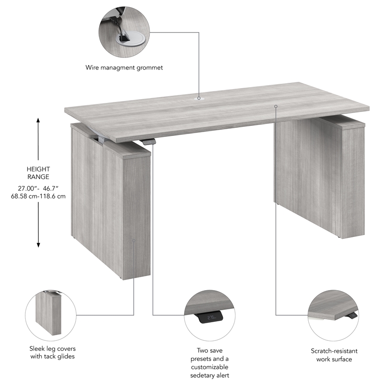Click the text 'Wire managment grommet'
point(124,68)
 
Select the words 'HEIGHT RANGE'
point(38,173)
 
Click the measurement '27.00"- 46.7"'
point(38,188)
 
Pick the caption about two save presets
point(210,363)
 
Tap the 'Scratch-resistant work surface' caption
point(332,355)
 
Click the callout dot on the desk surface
point(276,106)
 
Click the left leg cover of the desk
point(110,201)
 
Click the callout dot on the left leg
point(134,241)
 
